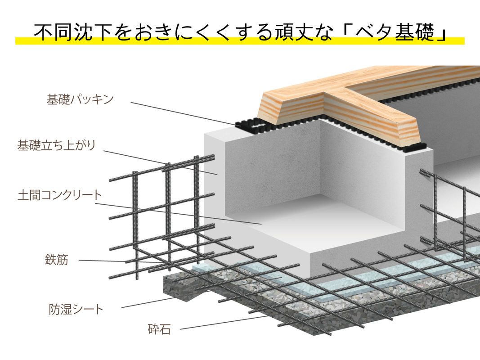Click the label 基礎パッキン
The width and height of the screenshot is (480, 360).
(x=80, y=100)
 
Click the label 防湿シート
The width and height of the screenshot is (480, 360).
(x=76, y=309)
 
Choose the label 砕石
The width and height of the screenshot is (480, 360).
(x=159, y=329)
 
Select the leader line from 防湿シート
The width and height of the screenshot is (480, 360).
(x=148, y=303)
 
